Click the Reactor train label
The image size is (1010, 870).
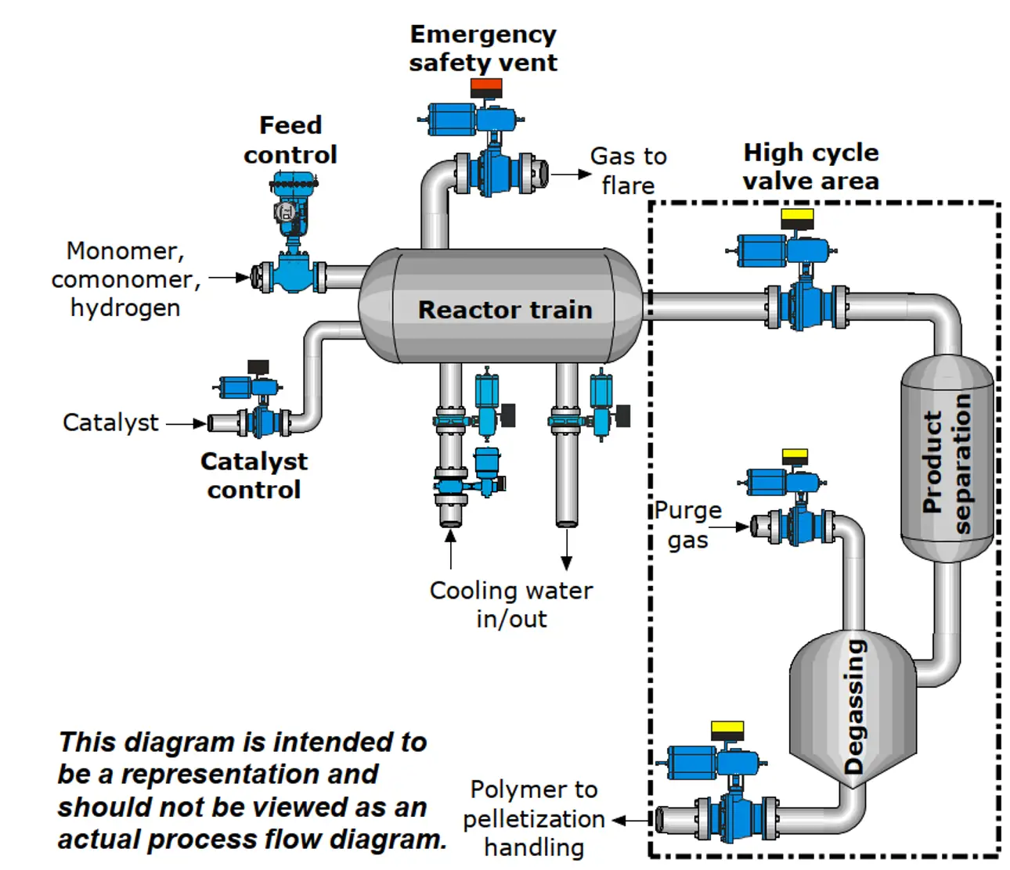505,310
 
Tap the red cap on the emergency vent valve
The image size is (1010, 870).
486,87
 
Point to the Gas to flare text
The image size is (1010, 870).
628,171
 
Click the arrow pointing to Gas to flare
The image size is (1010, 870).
571,174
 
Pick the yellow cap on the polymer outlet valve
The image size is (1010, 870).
727,730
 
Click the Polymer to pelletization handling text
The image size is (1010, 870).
534,818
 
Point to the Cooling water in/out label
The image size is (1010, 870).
511,605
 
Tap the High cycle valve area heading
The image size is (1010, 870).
810,167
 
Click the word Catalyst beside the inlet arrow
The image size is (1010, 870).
110,423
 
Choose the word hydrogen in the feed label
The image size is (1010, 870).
125,308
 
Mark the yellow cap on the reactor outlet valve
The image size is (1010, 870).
798,217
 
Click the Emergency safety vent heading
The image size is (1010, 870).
483,49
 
